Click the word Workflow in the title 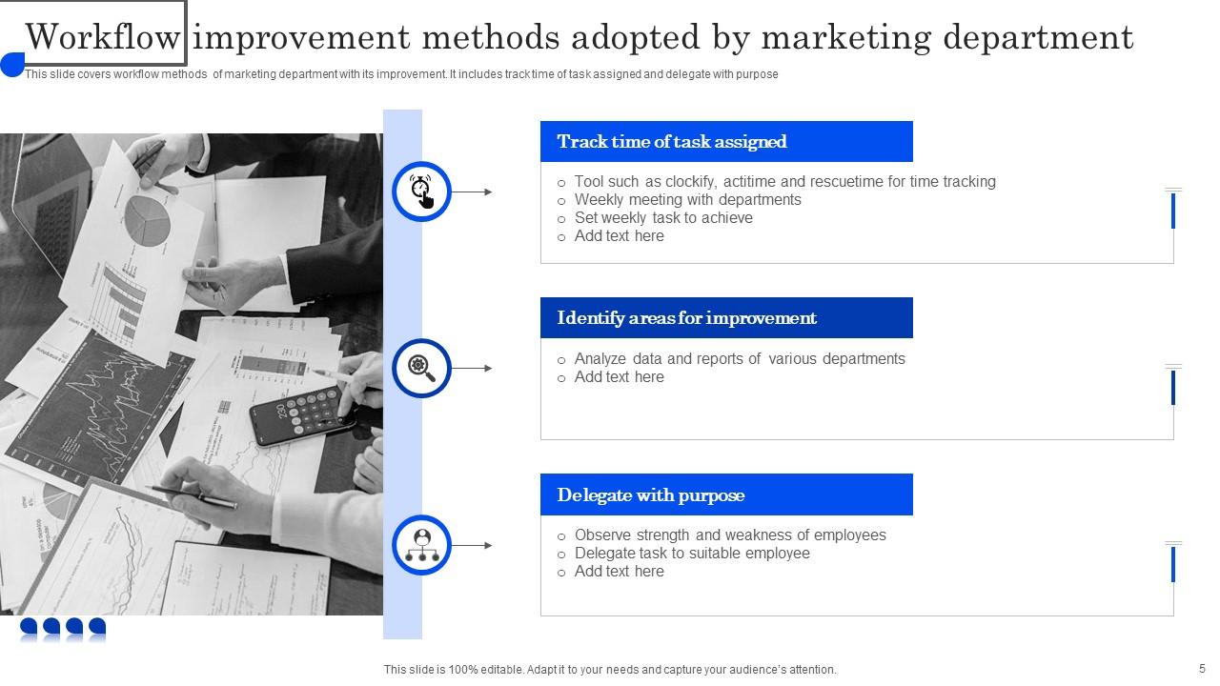pos(103,37)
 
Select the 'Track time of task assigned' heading pos(672,142)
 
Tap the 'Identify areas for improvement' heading pos(686,318)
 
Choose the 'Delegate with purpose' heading pos(651,495)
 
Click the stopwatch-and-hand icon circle pos(421,192)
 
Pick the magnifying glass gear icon pos(421,368)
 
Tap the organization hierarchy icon pos(421,545)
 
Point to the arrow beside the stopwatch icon pos(472,192)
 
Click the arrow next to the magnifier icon pos(472,368)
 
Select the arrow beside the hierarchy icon pos(472,545)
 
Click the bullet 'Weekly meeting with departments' pos(687,200)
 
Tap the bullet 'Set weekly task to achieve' pos(663,218)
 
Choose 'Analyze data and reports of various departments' pos(740,359)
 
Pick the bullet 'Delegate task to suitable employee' pos(692,554)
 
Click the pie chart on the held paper pos(147,218)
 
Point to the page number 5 pos(1202,669)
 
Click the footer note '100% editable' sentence pos(610,670)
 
